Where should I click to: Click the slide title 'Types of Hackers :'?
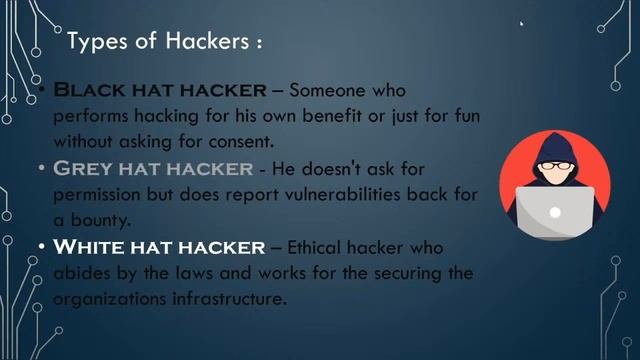tap(164, 44)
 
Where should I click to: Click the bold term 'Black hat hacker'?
tap(159, 90)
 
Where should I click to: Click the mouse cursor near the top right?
tap(521, 24)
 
